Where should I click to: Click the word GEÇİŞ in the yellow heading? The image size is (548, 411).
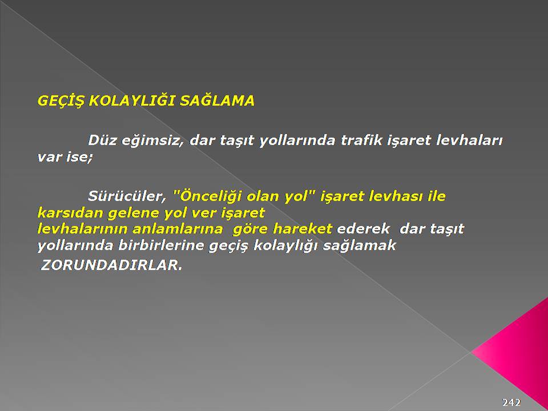point(61,101)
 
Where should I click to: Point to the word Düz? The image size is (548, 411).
point(102,140)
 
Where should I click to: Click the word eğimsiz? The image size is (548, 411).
point(152,141)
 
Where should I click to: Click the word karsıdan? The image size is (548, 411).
point(70,212)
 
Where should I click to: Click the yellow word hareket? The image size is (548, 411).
point(302,229)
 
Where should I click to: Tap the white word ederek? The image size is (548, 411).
point(363,229)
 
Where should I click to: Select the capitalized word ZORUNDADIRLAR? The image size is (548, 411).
point(111,265)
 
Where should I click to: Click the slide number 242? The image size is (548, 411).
point(511,402)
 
